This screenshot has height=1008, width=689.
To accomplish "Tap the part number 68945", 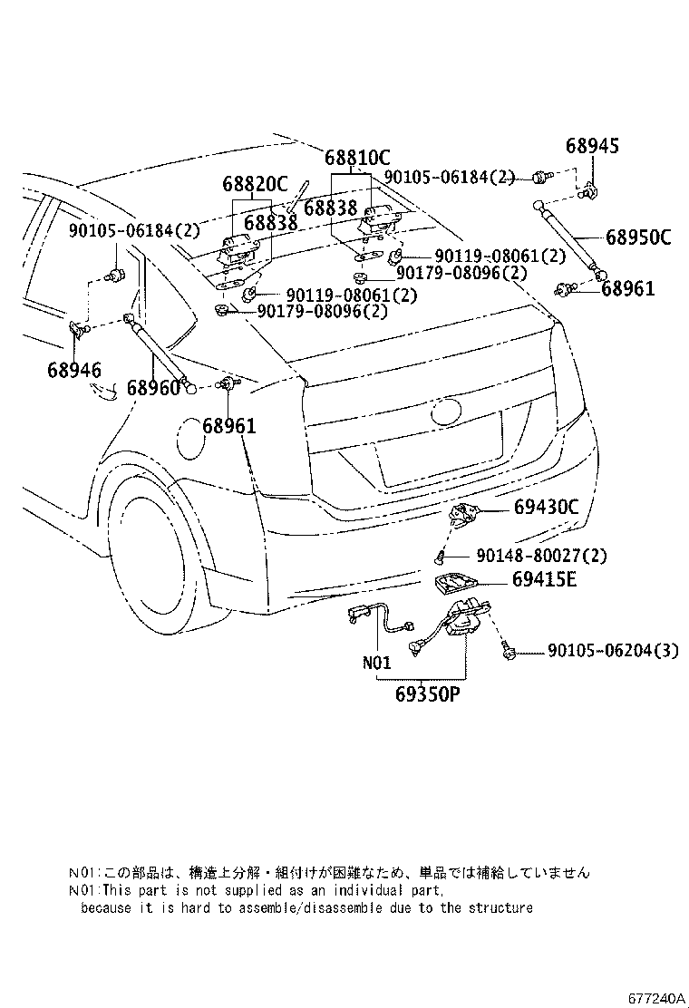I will [593, 145].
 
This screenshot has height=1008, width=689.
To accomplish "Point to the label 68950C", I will [637, 238].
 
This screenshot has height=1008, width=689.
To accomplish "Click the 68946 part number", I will [75, 369].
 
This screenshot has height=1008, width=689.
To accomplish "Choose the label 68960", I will [152, 388].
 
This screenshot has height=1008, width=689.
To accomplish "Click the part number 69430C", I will [540, 507].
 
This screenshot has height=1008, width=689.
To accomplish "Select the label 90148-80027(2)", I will [540, 555].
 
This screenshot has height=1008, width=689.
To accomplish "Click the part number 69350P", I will [428, 695].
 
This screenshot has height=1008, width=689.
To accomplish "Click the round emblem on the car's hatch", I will [449, 412].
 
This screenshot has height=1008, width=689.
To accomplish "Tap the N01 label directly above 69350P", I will [376, 662].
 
